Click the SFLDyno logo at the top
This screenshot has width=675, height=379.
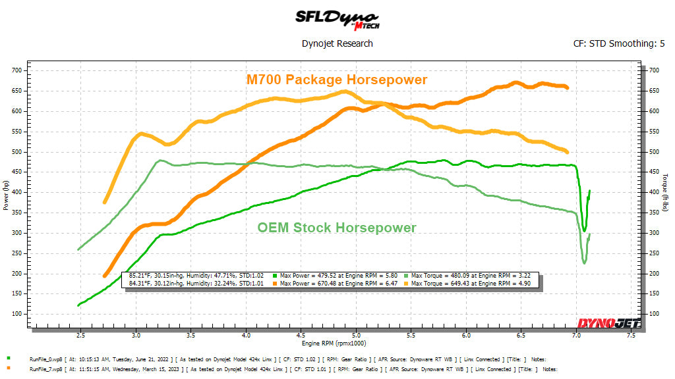[337, 18]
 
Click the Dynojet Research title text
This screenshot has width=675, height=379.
[337, 43]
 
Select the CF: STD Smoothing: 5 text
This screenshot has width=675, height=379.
[619, 44]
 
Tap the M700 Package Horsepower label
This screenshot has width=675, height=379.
[337, 80]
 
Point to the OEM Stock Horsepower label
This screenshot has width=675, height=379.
[337, 228]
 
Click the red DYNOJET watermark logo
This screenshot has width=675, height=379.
[599, 322]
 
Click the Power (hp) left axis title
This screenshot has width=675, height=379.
[6, 197]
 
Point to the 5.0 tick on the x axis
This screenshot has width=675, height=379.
[356, 336]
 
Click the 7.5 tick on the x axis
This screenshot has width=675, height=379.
[631, 336]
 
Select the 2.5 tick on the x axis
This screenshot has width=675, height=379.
[80, 336]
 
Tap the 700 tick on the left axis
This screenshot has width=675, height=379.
[16, 70]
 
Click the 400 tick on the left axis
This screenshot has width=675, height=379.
[16, 192]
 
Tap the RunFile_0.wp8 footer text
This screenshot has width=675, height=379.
[45, 359]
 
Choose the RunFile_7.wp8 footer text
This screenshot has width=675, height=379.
[45, 369]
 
